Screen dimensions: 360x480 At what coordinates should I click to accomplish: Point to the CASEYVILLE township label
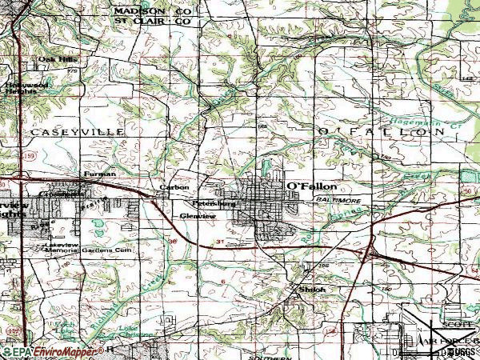point(77,130)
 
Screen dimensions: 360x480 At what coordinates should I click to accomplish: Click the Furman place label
point(100,174)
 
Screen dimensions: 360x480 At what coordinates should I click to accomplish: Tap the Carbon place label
point(174,187)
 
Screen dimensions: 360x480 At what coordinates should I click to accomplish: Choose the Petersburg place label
point(214,203)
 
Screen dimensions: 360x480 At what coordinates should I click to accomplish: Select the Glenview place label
point(197,215)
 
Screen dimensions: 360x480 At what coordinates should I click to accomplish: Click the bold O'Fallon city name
point(310,185)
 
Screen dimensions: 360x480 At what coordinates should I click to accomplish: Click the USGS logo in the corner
point(460,351)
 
